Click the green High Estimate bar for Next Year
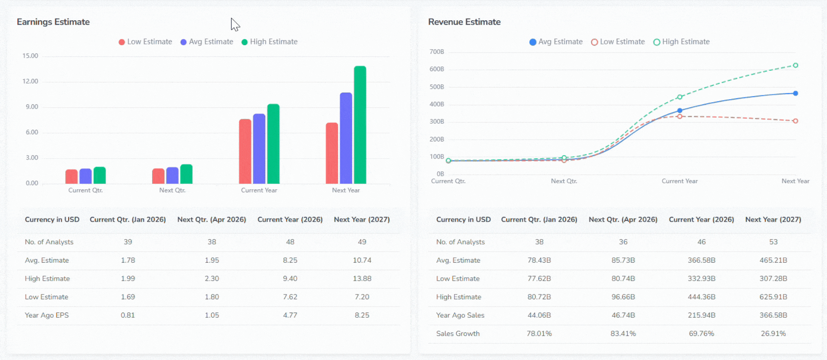pos(360,125)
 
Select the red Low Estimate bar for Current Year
pos(245,151)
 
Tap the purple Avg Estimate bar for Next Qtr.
pos(172,175)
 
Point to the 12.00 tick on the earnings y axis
pos(30,81)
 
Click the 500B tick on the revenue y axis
pos(436,87)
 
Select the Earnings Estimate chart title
pos(53,22)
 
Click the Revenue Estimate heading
pos(464,22)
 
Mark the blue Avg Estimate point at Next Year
pos(795,93)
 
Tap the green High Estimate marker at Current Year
pos(680,97)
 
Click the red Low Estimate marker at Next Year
pos(795,121)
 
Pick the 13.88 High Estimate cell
pos(362,279)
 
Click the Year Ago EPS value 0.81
pos(128,315)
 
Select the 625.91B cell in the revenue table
pos(773,297)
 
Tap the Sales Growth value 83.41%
pos(623,334)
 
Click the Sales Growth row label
pos(457,334)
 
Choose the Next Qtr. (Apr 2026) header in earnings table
pos(211,219)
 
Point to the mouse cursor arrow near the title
pos(235,24)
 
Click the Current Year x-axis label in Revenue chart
pos(680,181)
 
